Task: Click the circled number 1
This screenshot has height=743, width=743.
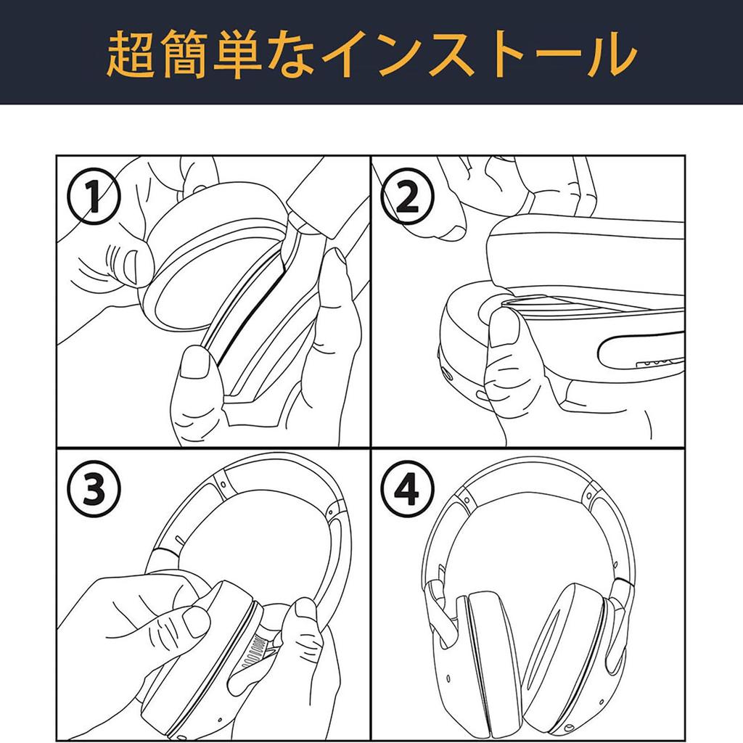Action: coord(94,197)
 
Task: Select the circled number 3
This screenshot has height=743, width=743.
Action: coord(94,490)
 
